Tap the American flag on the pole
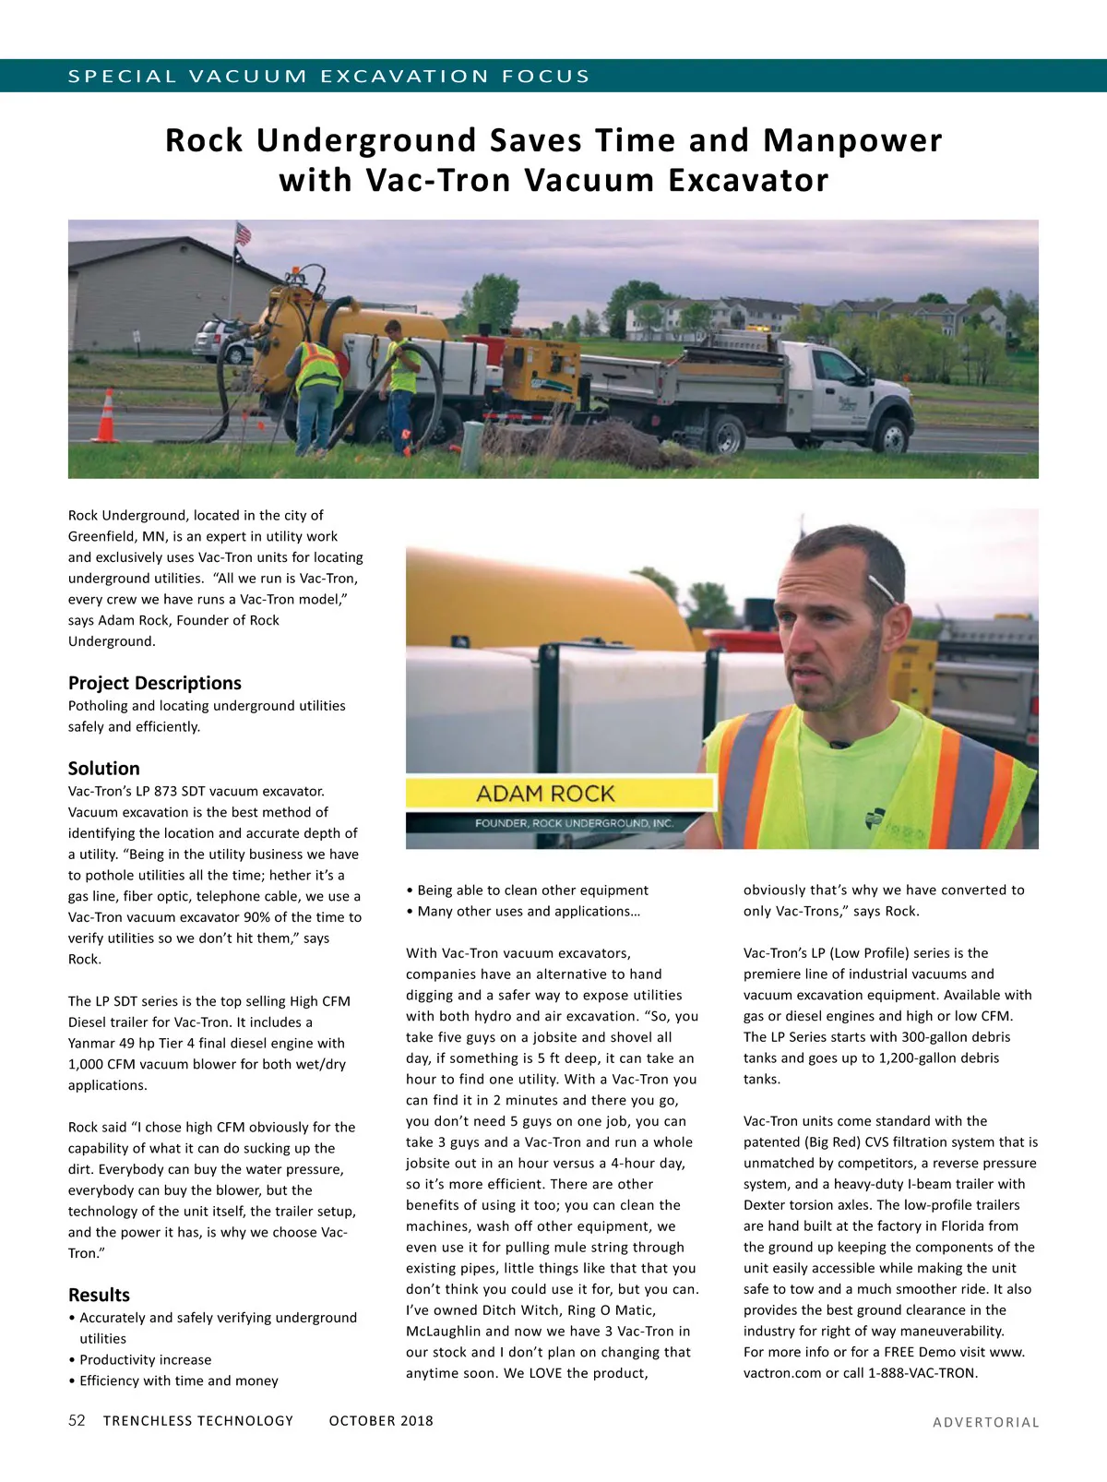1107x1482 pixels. (x=243, y=233)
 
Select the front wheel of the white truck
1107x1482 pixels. (x=892, y=434)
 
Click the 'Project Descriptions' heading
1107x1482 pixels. (x=154, y=683)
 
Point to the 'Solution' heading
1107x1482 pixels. (x=104, y=769)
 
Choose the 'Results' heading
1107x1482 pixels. (x=99, y=1295)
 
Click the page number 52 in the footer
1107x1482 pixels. (x=77, y=1420)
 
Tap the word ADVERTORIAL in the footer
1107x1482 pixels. (x=985, y=1422)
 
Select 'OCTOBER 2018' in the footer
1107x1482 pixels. (x=381, y=1421)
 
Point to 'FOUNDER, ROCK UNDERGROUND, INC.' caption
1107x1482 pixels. (x=574, y=823)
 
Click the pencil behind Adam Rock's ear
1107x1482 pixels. (x=880, y=588)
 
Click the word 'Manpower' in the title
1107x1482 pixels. (x=852, y=140)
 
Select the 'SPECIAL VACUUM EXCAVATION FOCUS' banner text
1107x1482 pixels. (x=328, y=76)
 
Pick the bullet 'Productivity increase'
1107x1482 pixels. (x=145, y=1359)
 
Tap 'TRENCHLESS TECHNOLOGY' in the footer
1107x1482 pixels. (x=198, y=1421)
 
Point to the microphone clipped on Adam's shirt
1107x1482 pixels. (x=839, y=744)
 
